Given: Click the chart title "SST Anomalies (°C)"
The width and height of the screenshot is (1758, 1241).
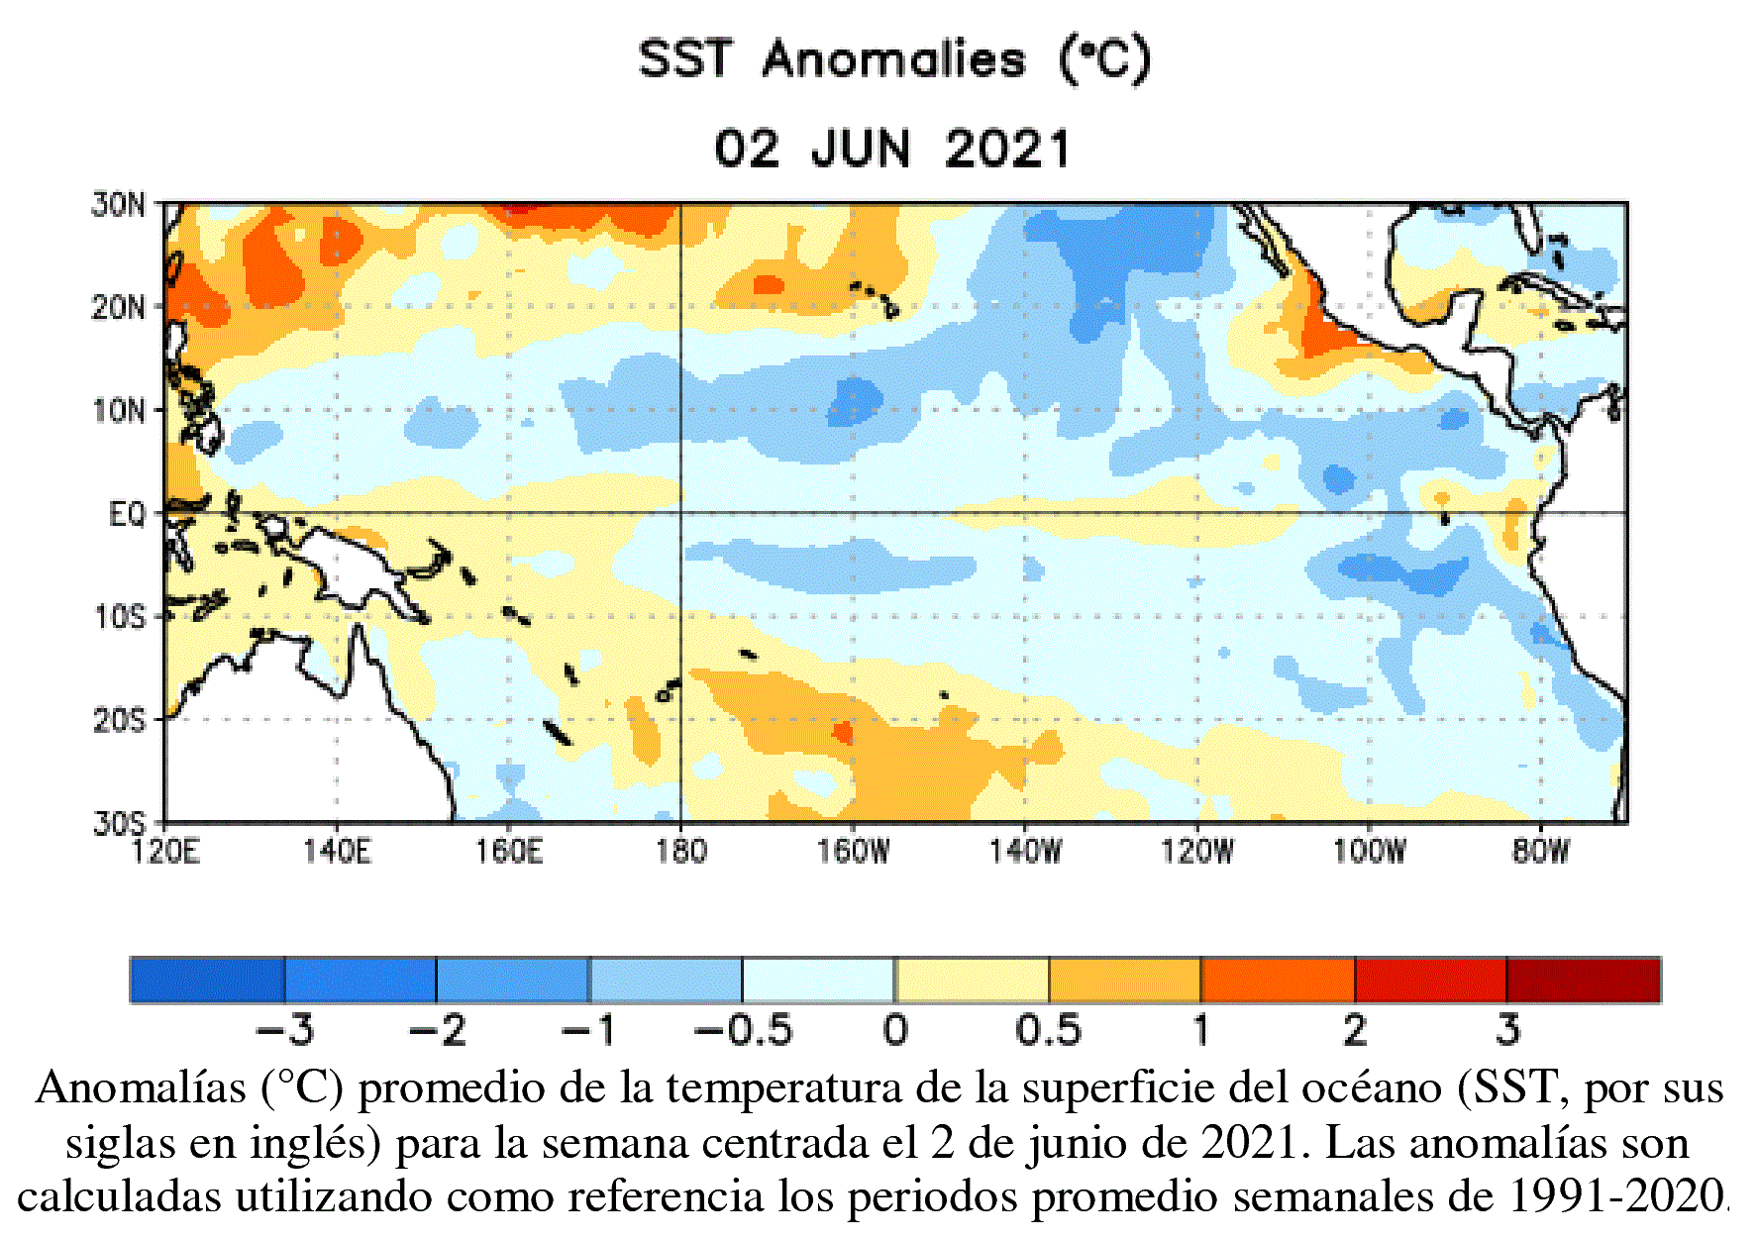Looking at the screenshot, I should tap(894, 59).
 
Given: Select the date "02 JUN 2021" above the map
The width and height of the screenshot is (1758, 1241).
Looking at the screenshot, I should tap(892, 151).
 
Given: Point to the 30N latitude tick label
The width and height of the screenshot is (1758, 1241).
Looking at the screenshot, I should tap(119, 205).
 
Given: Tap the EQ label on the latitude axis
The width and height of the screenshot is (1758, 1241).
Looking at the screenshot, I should tap(127, 514).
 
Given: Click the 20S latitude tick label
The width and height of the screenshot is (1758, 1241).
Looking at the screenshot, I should tap(119, 720).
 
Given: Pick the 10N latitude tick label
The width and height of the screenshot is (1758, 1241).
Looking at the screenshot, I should tap(119, 410).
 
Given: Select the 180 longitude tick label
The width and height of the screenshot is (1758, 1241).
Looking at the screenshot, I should tap(681, 851).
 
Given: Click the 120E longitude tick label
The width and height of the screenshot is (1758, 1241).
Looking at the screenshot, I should tap(165, 851).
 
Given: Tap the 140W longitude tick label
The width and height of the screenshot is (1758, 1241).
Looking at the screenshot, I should tap(1025, 851).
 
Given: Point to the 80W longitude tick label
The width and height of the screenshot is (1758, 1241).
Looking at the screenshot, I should tap(1541, 851).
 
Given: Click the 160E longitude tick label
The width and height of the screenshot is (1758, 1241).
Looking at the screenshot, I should tap(509, 851).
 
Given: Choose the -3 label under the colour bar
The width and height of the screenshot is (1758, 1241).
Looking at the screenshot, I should tap(284, 1031).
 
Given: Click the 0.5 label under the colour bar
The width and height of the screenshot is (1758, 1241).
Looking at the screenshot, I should tap(1048, 1031).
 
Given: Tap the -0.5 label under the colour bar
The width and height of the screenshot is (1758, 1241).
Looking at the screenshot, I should tap(743, 1031).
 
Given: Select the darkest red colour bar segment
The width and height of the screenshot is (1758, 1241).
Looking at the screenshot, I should tap(1583, 981).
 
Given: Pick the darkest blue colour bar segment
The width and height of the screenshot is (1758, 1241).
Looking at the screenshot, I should tap(207, 981).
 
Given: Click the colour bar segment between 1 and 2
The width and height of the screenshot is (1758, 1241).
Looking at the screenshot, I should tap(1278, 981).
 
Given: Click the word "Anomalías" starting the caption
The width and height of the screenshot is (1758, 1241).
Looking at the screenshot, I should tap(141, 1088).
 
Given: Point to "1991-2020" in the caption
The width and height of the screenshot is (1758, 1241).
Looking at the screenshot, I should tap(1616, 1196).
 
